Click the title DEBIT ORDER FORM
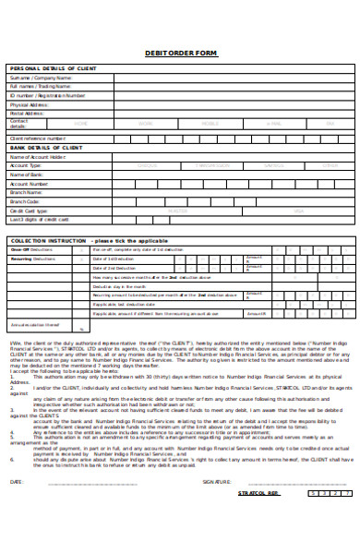coord(181,54)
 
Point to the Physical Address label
coord(29,104)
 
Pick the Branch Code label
coord(25,200)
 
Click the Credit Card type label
coord(29,210)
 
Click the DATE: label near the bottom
coord(17,507)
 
